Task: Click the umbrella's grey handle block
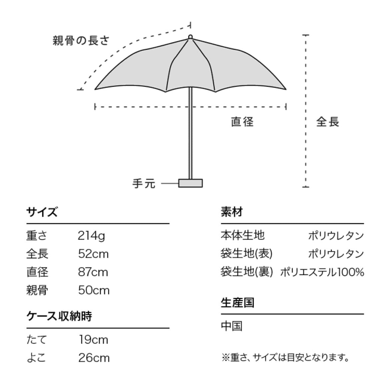pos(190,183)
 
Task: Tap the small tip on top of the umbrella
pos(190,36)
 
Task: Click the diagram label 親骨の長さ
pos(81,41)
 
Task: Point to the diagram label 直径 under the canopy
pos(242,122)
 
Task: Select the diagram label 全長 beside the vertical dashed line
pos(327,122)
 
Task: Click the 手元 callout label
pos(144,183)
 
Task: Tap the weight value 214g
pos(91,236)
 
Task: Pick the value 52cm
pos(93,254)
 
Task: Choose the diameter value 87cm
pos(93,272)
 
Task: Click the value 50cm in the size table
pos(94,290)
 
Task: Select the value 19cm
pos(93,340)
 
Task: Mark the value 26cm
pos(94,358)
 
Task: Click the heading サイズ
pos(42,212)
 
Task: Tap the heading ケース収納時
pos(59,316)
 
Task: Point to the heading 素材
pos(232,212)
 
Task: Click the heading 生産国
pos(237,303)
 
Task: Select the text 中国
pos(231,326)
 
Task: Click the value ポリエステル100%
pos(322,272)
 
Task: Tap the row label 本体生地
pos(242,235)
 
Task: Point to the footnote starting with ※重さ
pos(286,358)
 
